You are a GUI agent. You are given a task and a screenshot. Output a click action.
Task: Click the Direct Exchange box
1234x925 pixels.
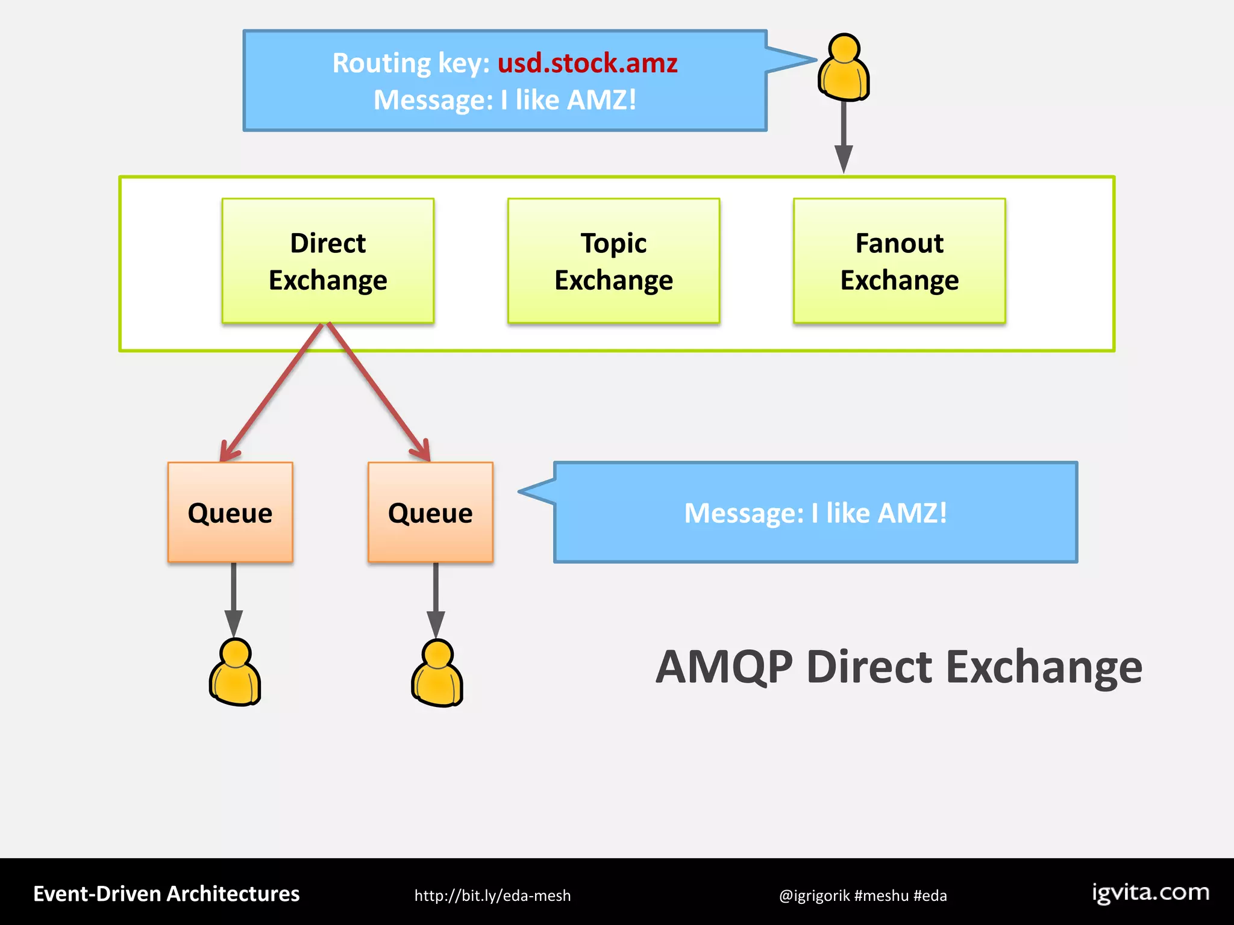[328, 261]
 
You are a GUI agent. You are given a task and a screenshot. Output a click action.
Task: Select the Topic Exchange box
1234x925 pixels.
[613, 261]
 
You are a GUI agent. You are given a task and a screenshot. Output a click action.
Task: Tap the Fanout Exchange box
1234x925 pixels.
[899, 261]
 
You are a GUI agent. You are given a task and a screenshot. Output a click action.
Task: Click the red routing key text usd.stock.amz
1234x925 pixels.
[587, 63]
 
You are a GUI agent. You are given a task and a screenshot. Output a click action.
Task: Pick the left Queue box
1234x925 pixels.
[230, 512]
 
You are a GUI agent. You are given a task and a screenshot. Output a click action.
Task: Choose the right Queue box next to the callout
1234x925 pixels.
[430, 512]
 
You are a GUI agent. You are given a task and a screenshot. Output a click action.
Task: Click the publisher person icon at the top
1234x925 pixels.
[844, 67]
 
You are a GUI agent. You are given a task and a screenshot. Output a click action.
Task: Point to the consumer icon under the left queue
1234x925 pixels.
[235, 673]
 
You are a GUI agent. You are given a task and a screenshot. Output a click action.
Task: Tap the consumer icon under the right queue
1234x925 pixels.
[437, 673]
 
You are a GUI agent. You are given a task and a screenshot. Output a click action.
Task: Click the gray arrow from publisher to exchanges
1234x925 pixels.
[844, 135]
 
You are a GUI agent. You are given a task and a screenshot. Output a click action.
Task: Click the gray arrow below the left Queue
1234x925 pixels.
[234, 596]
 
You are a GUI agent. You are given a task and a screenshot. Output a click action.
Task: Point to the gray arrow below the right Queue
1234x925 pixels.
[436, 596]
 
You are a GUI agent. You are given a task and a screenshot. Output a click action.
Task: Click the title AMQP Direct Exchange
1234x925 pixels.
[898, 667]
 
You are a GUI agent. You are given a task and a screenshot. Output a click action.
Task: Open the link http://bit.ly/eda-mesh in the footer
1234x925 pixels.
[492, 895]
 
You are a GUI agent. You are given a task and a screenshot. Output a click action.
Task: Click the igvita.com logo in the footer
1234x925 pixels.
[1150, 892]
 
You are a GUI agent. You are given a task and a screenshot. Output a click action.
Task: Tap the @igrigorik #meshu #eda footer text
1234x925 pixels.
[862, 895]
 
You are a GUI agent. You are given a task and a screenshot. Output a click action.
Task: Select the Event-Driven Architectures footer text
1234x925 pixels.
[166, 894]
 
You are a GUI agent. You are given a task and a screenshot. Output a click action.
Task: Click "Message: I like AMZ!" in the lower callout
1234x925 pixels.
[815, 513]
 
